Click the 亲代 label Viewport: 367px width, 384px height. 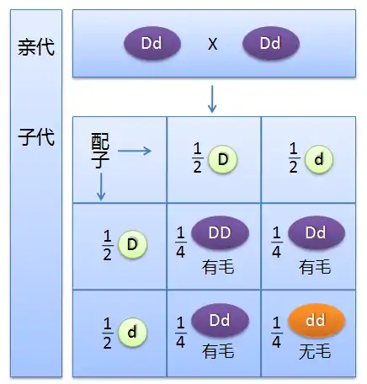tap(36, 47)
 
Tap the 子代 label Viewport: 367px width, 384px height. tap(36, 137)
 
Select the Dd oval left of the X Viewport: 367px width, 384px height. tap(152, 43)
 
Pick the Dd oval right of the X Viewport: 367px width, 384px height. tap(271, 43)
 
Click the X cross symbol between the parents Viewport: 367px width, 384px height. tap(212, 44)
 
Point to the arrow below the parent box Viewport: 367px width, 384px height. tap(212, 99)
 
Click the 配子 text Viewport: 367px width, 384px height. tap(100, 151)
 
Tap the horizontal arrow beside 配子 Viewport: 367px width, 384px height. tap(135, 151)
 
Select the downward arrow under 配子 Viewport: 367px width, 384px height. tap(101, 187)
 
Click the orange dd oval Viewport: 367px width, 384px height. tap(316, 320)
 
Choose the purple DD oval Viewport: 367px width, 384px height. tap(220, 232)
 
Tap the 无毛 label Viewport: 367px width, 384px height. tap(315, 351)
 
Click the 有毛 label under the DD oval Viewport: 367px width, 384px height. tap(218, 267)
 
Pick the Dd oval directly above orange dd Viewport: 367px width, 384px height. tap(316, 232)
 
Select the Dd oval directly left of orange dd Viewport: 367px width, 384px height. tap(220, 320)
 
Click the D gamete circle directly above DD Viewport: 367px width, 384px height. tap(223, 159)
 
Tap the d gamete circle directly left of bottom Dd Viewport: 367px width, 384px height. tap(132, 333)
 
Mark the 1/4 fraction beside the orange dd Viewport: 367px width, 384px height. tap(276, 332)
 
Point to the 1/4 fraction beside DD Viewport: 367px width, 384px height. tap(180, 242)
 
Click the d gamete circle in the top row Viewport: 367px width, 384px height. tap(319, 159)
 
